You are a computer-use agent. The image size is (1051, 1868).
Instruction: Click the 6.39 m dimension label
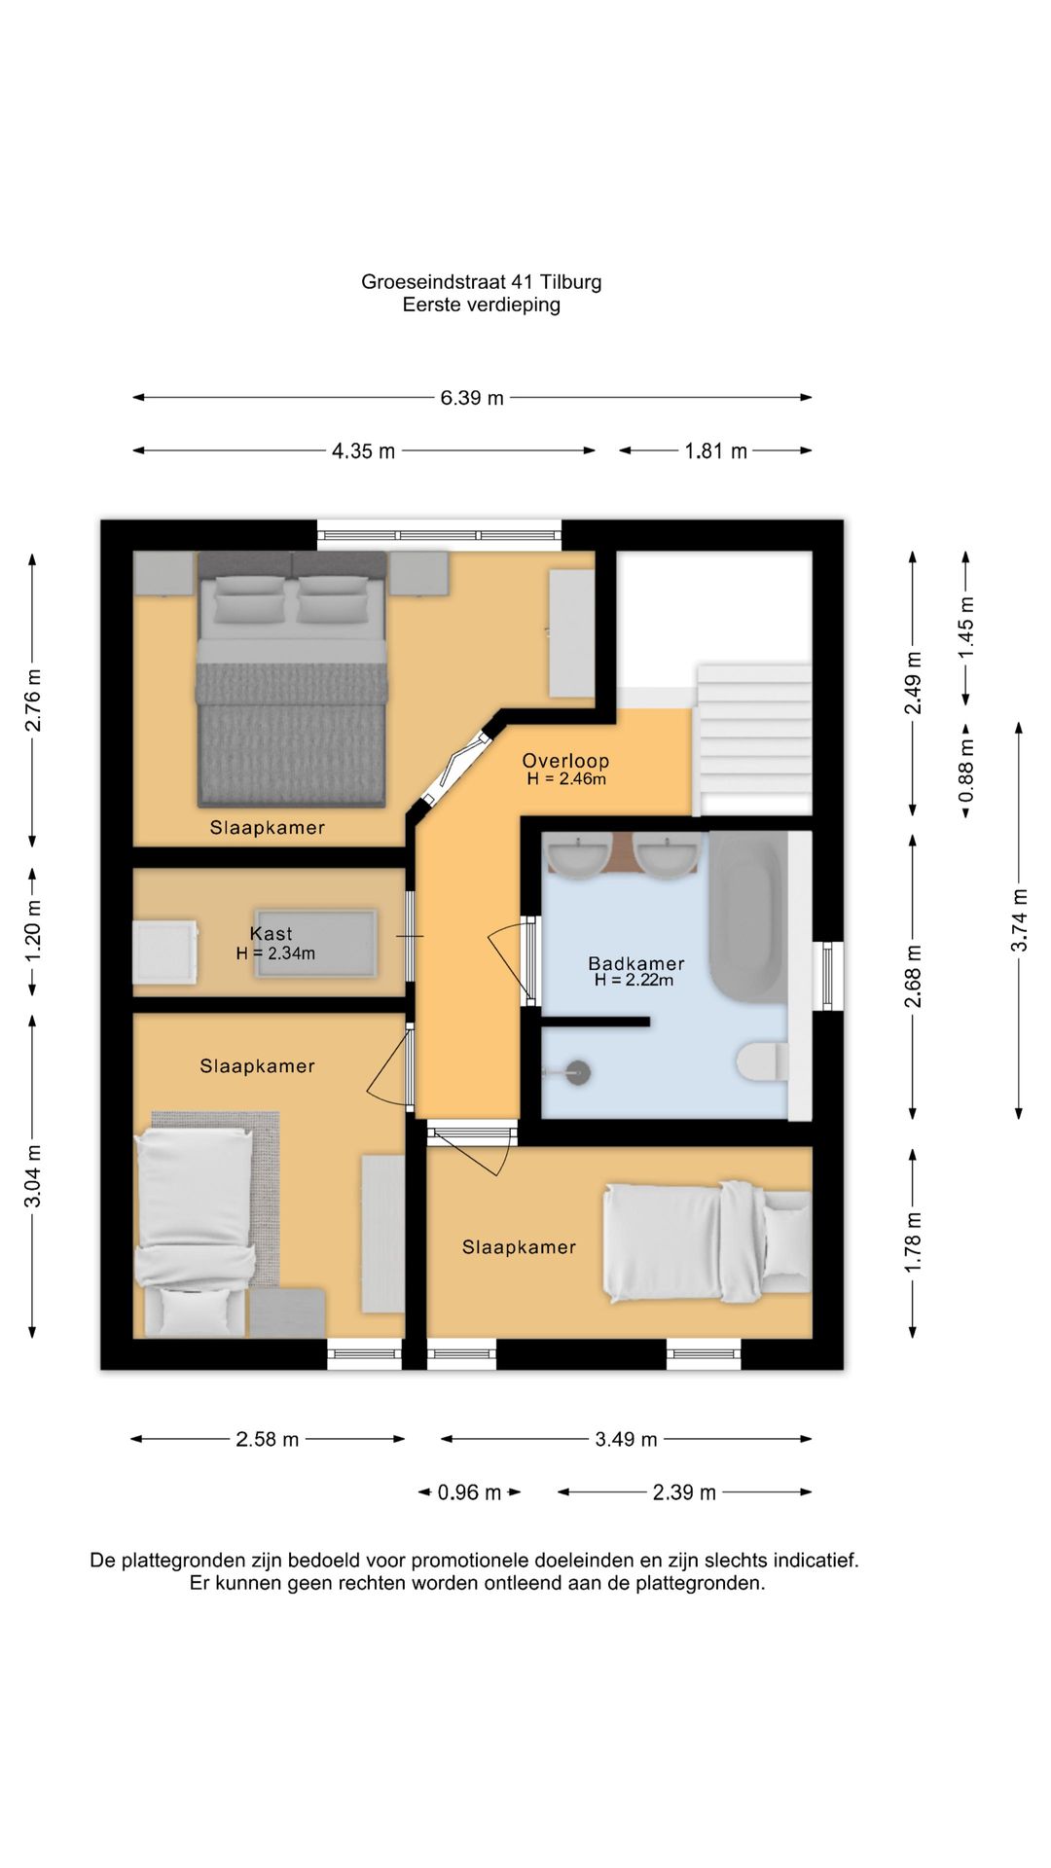(x=472, y=398)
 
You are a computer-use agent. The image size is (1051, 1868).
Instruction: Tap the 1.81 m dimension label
(x=716, y=451)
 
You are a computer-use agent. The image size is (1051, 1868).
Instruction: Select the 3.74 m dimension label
(x=1019, y=919)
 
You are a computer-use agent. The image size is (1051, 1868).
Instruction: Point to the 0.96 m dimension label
(x=469, y=1492)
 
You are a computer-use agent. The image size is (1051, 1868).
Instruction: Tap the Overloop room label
(x=565, y=761)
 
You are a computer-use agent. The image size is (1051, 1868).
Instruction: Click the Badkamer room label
(x=636, y=963)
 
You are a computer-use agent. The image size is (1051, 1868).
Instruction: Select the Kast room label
(x=271, y=933)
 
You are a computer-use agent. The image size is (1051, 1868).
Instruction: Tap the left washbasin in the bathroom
(x=579, y=856)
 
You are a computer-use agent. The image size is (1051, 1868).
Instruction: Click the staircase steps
(x=754, y=739)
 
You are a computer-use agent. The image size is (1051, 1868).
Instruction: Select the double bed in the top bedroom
(x=292, y=679)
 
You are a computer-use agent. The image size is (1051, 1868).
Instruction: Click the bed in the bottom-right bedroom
(x=707, y=1241)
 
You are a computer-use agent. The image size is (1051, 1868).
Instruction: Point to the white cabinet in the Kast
(x=165, y=953)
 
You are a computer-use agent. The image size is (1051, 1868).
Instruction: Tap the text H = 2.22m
(x=634, y=981)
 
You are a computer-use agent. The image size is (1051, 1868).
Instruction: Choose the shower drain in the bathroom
(x=578, y=1072)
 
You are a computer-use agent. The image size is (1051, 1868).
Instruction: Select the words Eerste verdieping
(x=482, y=305)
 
